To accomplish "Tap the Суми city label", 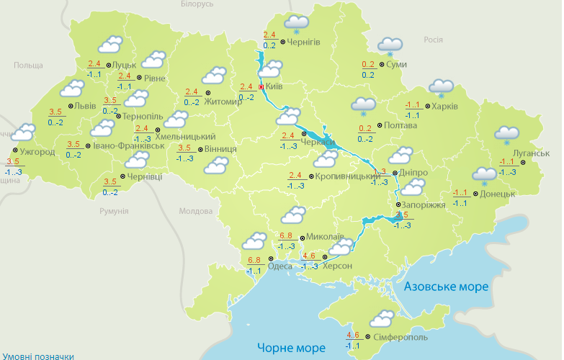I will pos(396,65).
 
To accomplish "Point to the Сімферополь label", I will pos(400,337).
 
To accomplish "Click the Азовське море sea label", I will pos(446,287).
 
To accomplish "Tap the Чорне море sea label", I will pos(290,348).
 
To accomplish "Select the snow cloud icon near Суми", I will pos(390,46).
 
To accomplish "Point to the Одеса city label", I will pos(280,266).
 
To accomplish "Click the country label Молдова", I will pos(196,211).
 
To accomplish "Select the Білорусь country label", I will pos(197,4).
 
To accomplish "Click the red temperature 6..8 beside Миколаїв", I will pos(285,236).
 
